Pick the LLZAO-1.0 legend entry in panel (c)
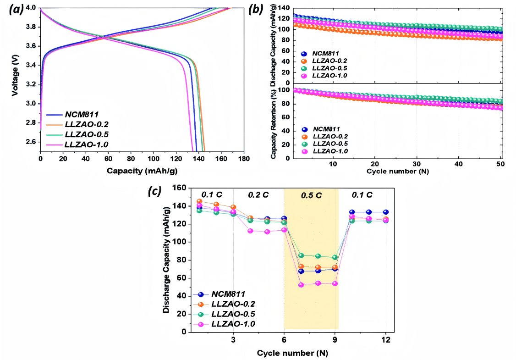coord(231,324)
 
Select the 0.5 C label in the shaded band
coord(311,195)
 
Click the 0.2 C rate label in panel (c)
coord(259,195)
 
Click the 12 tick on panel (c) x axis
coord(386,340)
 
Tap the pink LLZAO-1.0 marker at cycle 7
coord(301,285)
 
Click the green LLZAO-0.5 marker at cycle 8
coord(318,256)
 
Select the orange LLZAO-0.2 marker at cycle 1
coord(199,201)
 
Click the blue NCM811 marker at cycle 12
coord(386,212)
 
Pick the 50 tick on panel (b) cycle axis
coord(500,164)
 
